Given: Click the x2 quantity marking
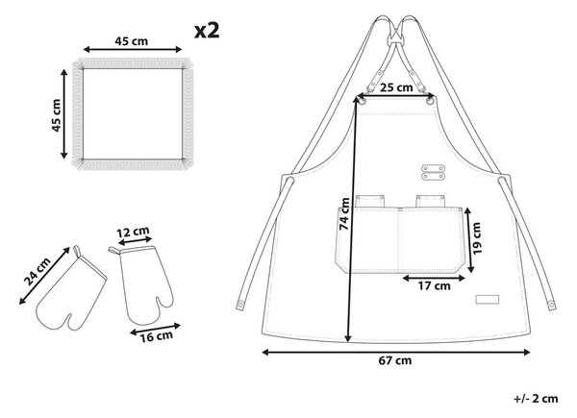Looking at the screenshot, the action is [207, 31].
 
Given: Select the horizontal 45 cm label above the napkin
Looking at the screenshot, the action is [132, 41].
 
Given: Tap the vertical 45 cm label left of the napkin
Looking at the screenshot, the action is [56, 115].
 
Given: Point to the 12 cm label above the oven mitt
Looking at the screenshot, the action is [134, 232].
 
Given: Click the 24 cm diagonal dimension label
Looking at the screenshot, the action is [38, 272].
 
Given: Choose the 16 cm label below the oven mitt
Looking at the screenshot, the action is [156, 336].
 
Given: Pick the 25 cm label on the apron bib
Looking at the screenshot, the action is [396, 87].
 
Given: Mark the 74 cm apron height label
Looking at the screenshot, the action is [344, 214].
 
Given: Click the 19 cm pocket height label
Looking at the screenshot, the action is [477, 238].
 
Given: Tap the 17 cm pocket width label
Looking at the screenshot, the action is [434, 285].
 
